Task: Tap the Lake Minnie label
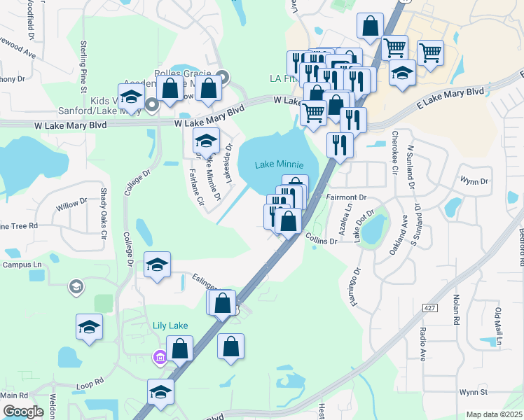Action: [280, 164]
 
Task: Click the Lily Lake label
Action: [170, 325]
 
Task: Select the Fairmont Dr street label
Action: [347, 198]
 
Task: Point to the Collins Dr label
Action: [322, 240]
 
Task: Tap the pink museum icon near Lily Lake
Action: [160, 358]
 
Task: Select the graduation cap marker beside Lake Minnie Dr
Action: [205, 141]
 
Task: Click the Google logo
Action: [23, 412]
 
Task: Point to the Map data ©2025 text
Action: [493, 414]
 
